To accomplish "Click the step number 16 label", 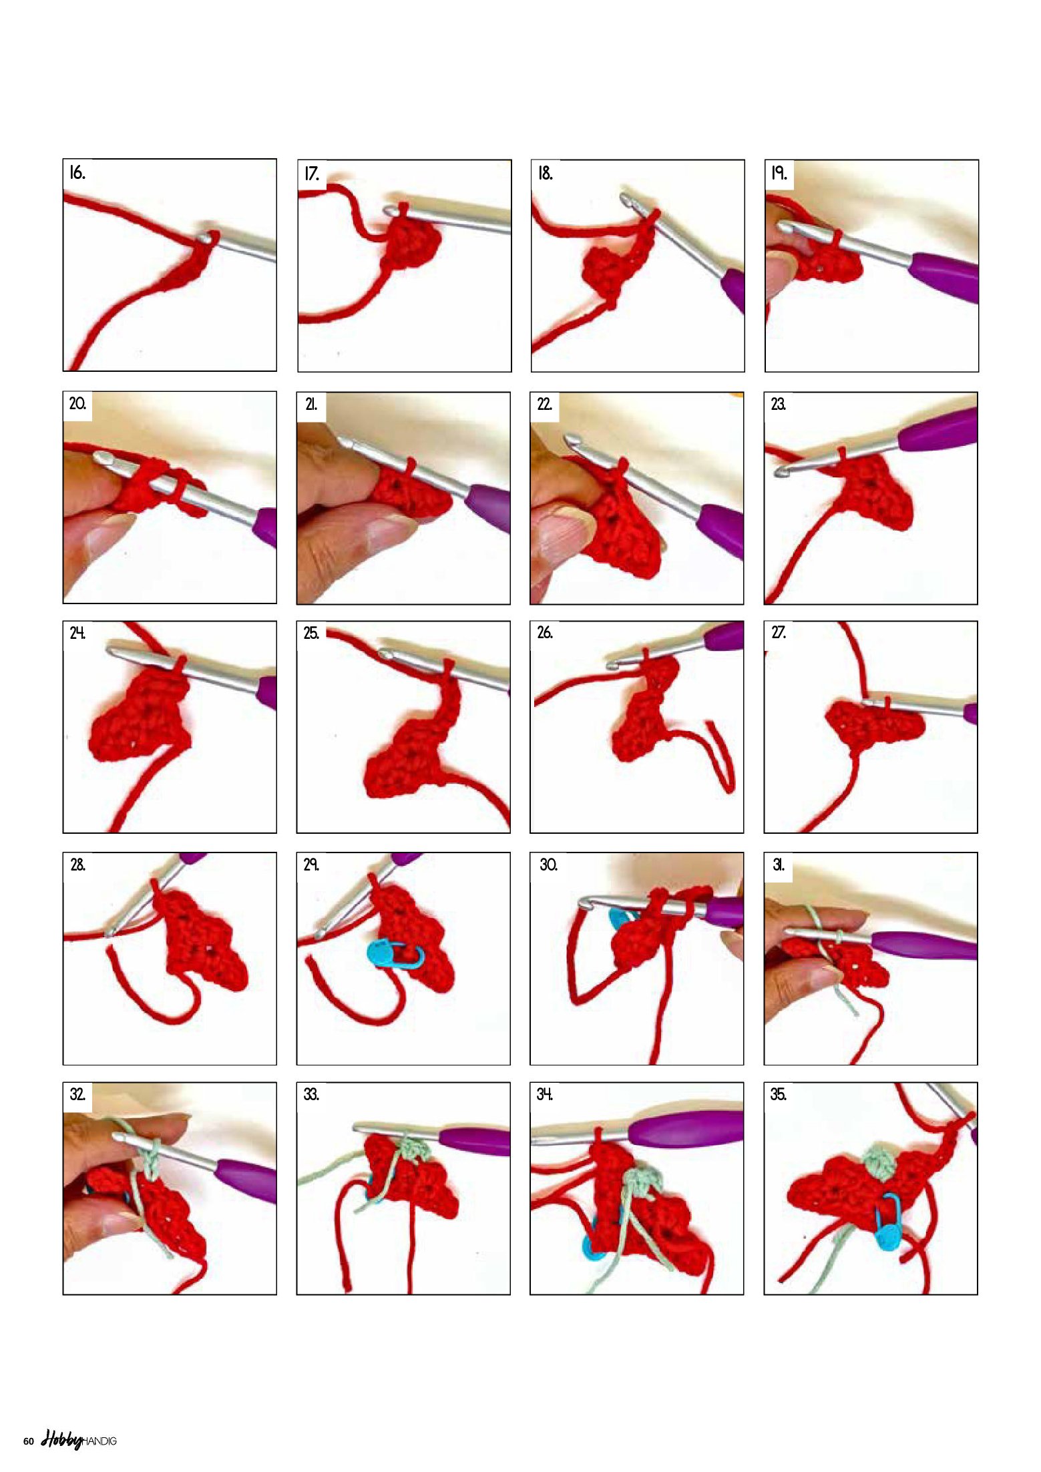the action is point(77,173).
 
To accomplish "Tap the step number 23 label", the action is point(778,404).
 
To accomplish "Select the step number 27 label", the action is point(779,632).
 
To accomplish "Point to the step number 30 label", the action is point(548,865).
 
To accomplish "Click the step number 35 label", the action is point(779,1094).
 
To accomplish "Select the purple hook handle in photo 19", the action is point(945,275).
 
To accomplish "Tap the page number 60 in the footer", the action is point(29,1441).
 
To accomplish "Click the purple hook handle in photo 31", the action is point(925,945).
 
